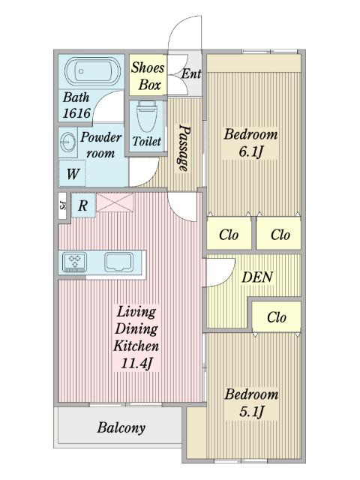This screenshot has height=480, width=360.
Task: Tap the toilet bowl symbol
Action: [x=146, y=116]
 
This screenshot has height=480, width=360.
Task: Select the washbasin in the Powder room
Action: [x=67, y=142]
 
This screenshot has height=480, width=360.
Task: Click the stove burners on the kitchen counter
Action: [x=74, y=262]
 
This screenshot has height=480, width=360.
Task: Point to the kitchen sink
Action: [x=119, y=262]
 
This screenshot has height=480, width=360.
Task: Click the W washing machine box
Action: [x=72, y=173]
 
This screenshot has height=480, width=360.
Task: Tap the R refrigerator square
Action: [x=83, y=205]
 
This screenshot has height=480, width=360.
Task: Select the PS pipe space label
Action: [x=62, y=205]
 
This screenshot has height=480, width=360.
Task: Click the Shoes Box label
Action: [x=148, y=76]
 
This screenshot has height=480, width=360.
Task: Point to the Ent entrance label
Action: [x=191, y=73]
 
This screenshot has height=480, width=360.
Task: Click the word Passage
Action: [x=184, y=148]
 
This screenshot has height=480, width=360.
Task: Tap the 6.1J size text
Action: [x=251, y=151]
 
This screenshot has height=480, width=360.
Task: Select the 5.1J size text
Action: [x=251, y=412]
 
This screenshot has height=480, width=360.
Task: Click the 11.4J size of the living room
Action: [x=136, y=363]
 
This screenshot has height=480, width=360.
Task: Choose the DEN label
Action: [x=257, y=277]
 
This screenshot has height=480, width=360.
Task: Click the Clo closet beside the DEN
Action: [x=277, y=316]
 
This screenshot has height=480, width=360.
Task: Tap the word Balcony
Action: [x=121, y=427]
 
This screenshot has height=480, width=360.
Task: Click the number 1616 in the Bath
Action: [x=76, y=113]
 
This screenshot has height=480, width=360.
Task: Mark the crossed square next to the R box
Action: [x=115, y=202]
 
